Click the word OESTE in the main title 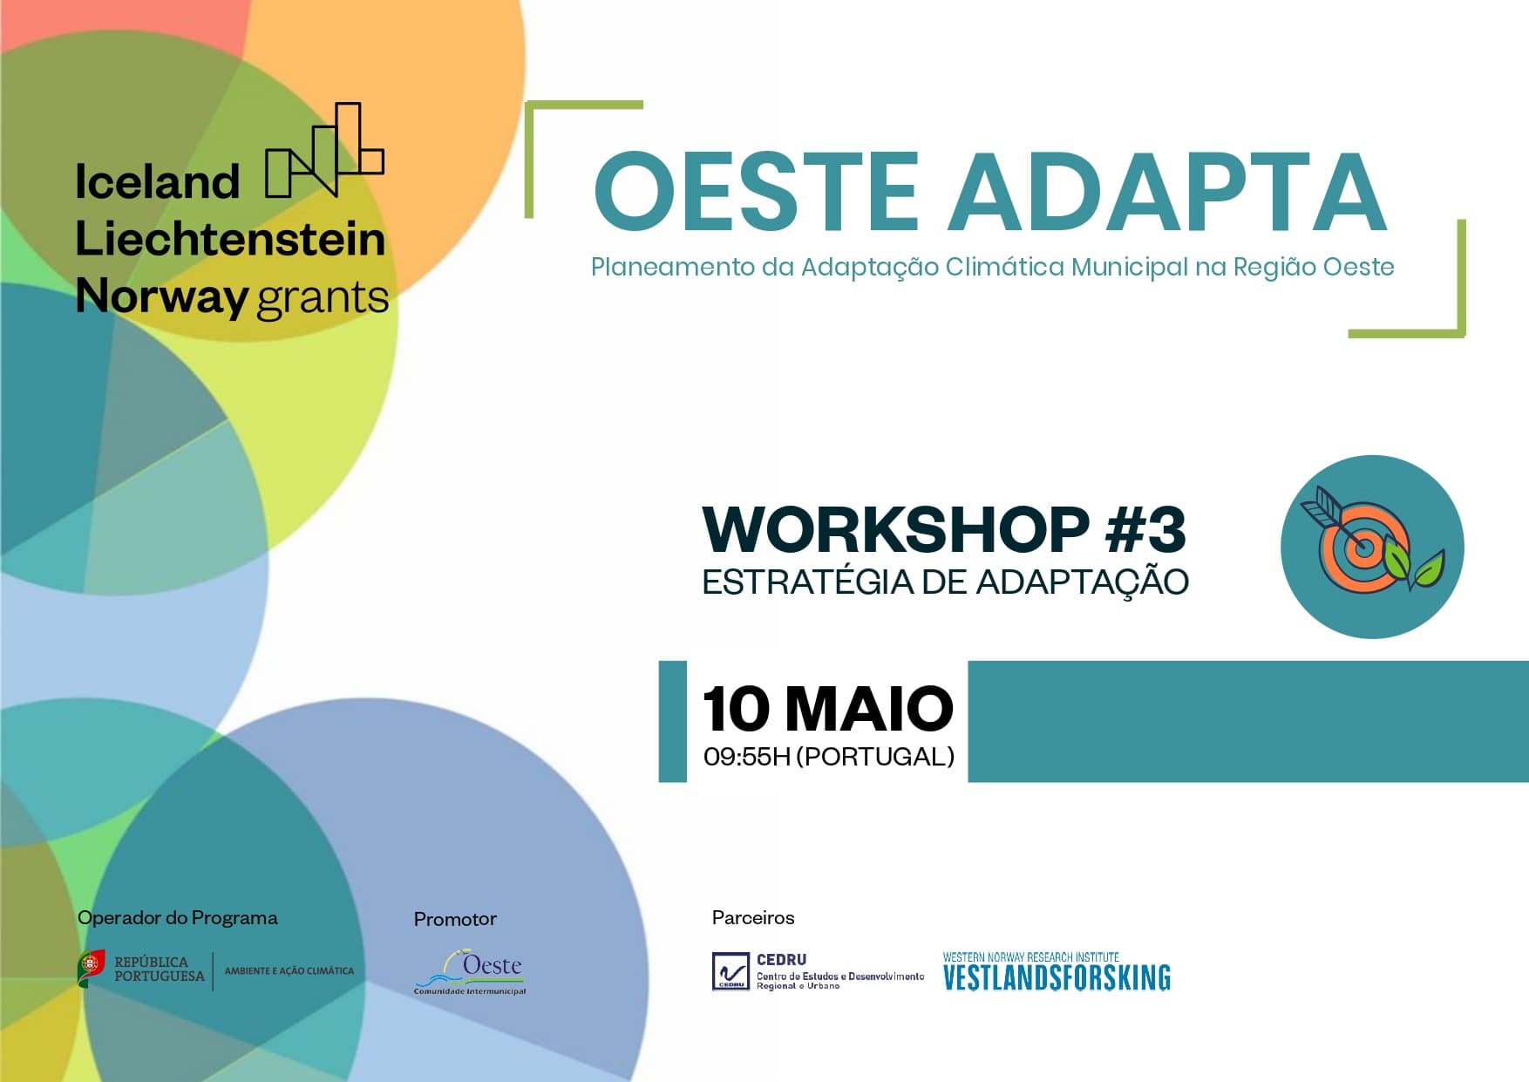(757, 192)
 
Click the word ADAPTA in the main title (1168, 192)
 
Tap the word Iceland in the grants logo (157, 182)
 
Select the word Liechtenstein (230, 239)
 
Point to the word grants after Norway (323, 299)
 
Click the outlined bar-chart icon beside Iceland (325, 150)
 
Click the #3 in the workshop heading (1145, 530)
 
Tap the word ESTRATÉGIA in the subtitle (807, 582)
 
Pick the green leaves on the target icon (1414, 564)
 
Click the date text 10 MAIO (827, 709)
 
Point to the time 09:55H (746, 757)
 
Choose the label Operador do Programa (177, 918)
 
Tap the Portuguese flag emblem (91, 968)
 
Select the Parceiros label (753, 918)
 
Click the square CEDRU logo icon (731, 971)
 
